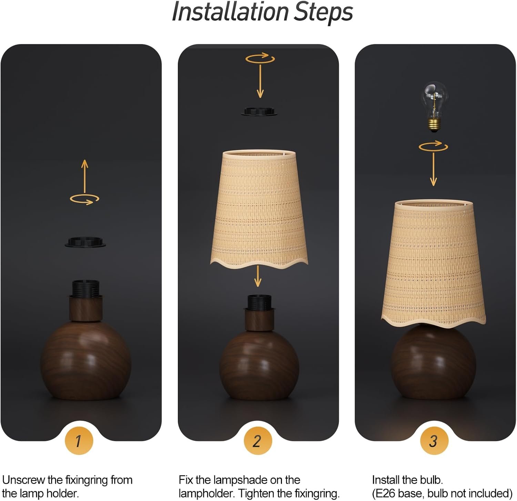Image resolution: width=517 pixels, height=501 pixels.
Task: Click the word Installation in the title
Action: click(x=230, y=12)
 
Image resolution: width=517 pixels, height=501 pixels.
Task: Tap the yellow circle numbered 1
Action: click(x=79, y=441)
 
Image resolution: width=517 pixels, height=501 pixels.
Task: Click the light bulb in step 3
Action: click(x=434, y=106)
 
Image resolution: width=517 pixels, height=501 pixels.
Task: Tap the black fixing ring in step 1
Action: click(x=85, y=242)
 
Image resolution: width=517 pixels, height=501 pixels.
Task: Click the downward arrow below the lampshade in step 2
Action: click(x=257, y=276)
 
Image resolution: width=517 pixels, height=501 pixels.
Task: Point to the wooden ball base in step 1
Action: click(x=85, y=360)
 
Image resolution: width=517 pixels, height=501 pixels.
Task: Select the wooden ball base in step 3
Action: click(x=433, y=364)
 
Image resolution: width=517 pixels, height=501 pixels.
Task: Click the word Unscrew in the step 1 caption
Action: click(x=24, y=480)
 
